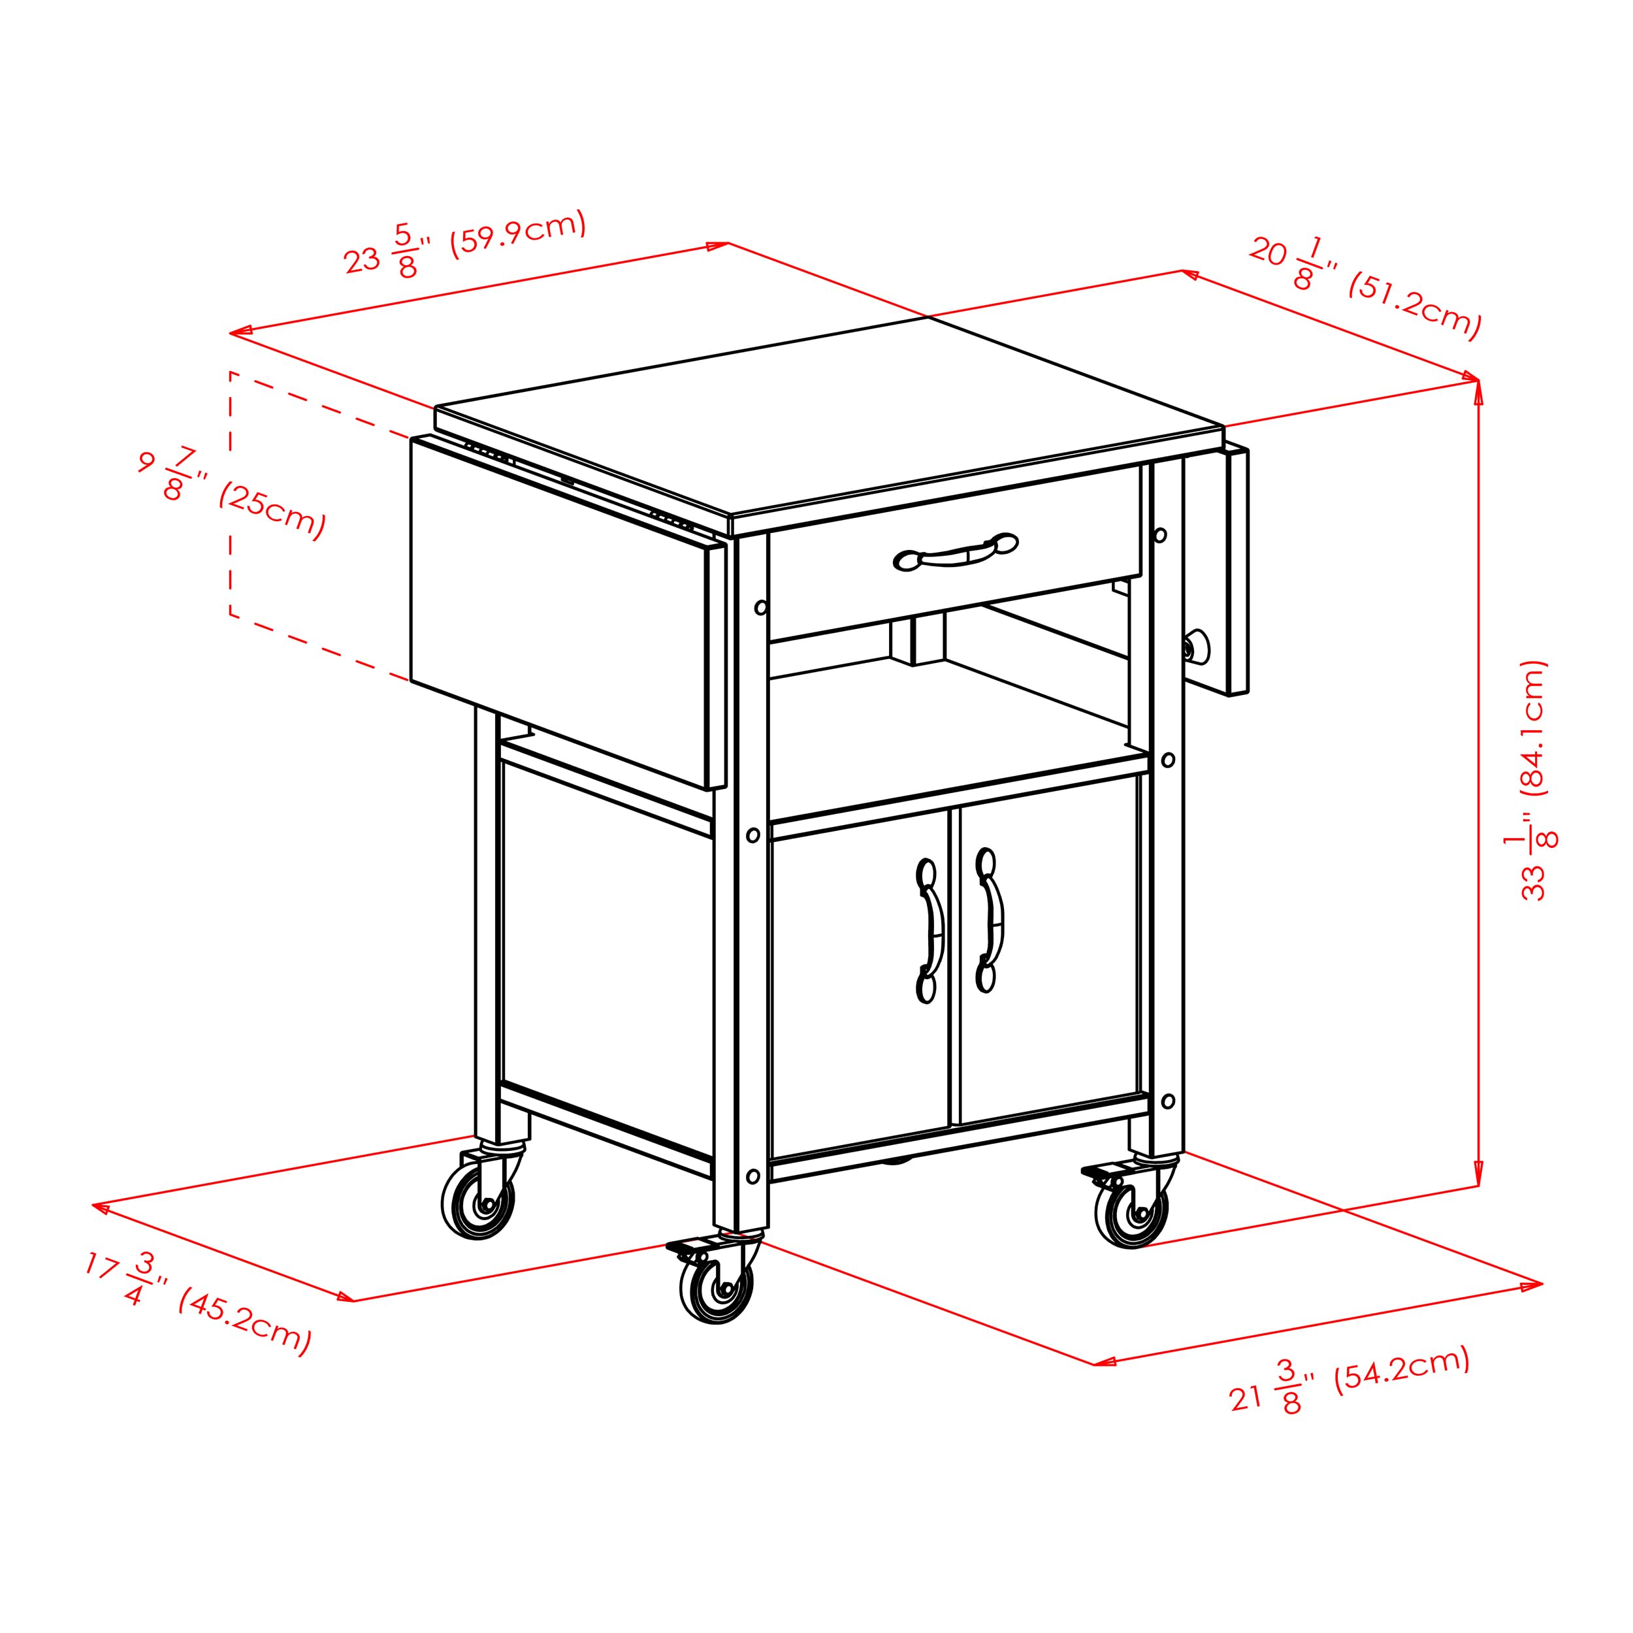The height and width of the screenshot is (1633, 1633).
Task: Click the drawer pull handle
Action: coord(955,554)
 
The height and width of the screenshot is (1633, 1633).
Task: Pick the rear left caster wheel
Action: coord(478,1201)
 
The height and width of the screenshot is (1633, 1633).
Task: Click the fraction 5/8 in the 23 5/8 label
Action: coord(406,251)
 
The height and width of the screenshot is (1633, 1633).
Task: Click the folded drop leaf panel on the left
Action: coord(558,609)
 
